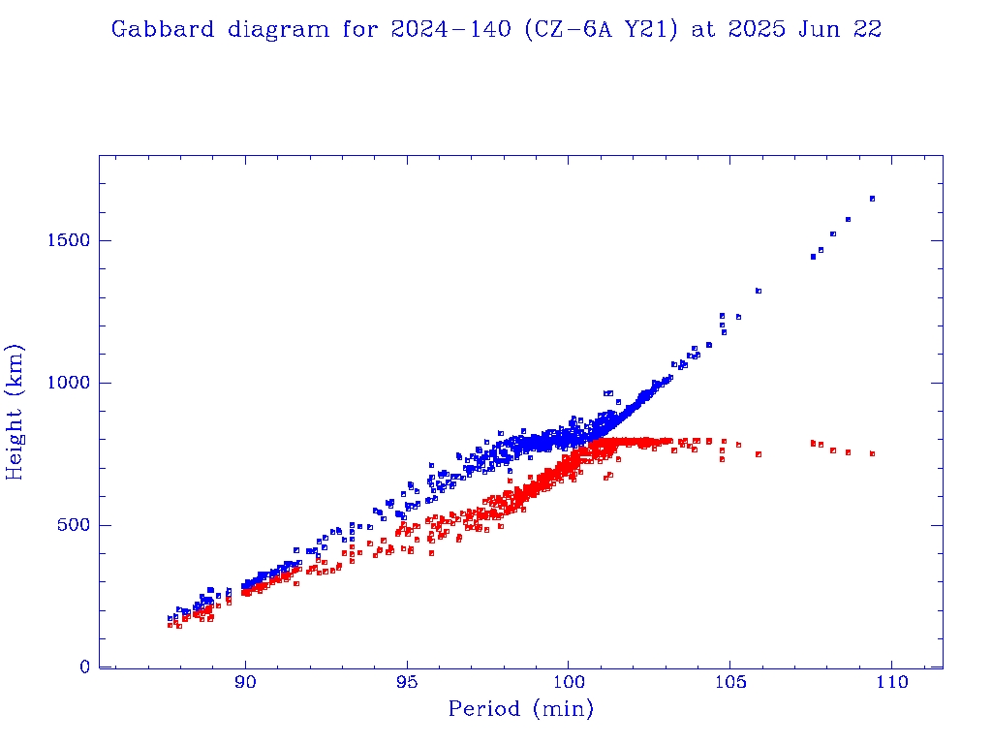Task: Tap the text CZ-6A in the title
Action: coord(568,29)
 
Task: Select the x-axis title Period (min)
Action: coord(520,710)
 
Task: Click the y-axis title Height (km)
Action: coord(15,412)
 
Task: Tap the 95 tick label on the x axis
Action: coord(407,683)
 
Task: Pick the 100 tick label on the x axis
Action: coord(568,683)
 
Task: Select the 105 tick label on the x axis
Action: coord(729,683)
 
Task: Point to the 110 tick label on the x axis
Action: coord(890,683)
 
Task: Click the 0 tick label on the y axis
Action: coord(84,667)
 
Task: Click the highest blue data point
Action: coord(872,199)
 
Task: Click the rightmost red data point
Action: coord(872,453)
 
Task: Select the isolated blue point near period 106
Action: coord(759,291)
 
